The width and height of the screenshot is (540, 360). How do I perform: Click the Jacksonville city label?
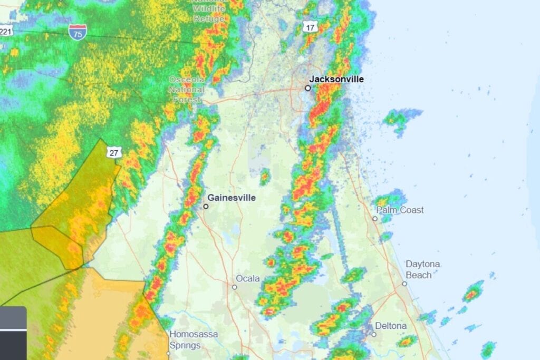[336, 79]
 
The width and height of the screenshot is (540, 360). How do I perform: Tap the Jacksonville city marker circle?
[308, 88]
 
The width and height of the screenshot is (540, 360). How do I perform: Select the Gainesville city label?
[232, 198]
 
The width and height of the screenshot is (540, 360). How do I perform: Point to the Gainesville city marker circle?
[206, 206]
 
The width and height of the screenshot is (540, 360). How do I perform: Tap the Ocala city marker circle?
[235, 287]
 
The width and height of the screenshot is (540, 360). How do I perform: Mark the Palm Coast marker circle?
[375, 218]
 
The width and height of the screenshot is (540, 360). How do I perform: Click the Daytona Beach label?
[422, 269]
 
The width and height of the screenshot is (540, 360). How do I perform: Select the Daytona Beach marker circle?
[404, 284]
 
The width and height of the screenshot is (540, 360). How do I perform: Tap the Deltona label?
[391, 326]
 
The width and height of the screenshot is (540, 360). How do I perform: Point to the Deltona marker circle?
[373, 334]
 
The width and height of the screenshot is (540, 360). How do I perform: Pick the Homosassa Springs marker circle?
[169, 354]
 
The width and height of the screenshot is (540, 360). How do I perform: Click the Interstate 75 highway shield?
[78, 32]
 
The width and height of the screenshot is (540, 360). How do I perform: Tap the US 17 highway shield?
[310, 26]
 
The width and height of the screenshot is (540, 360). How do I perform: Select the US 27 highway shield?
[114, 152]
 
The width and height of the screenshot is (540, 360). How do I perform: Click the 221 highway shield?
[6, 31]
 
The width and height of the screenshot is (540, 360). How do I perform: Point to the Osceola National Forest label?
[187, 89]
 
